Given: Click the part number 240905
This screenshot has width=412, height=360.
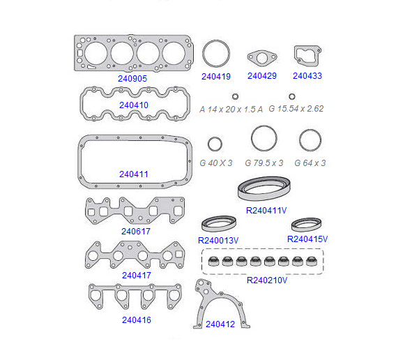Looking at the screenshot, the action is tap(132, 79).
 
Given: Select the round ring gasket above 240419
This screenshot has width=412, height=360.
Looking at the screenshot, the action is tap(216, 41).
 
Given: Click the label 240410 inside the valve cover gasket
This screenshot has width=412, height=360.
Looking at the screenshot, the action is tap(134, 105).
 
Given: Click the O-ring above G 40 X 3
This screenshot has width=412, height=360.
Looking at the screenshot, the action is tap(215, 137).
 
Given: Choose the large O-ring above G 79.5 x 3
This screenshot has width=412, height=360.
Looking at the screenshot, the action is tap(264, 126).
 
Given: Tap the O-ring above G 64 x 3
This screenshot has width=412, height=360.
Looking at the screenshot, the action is tap(310, 130).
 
